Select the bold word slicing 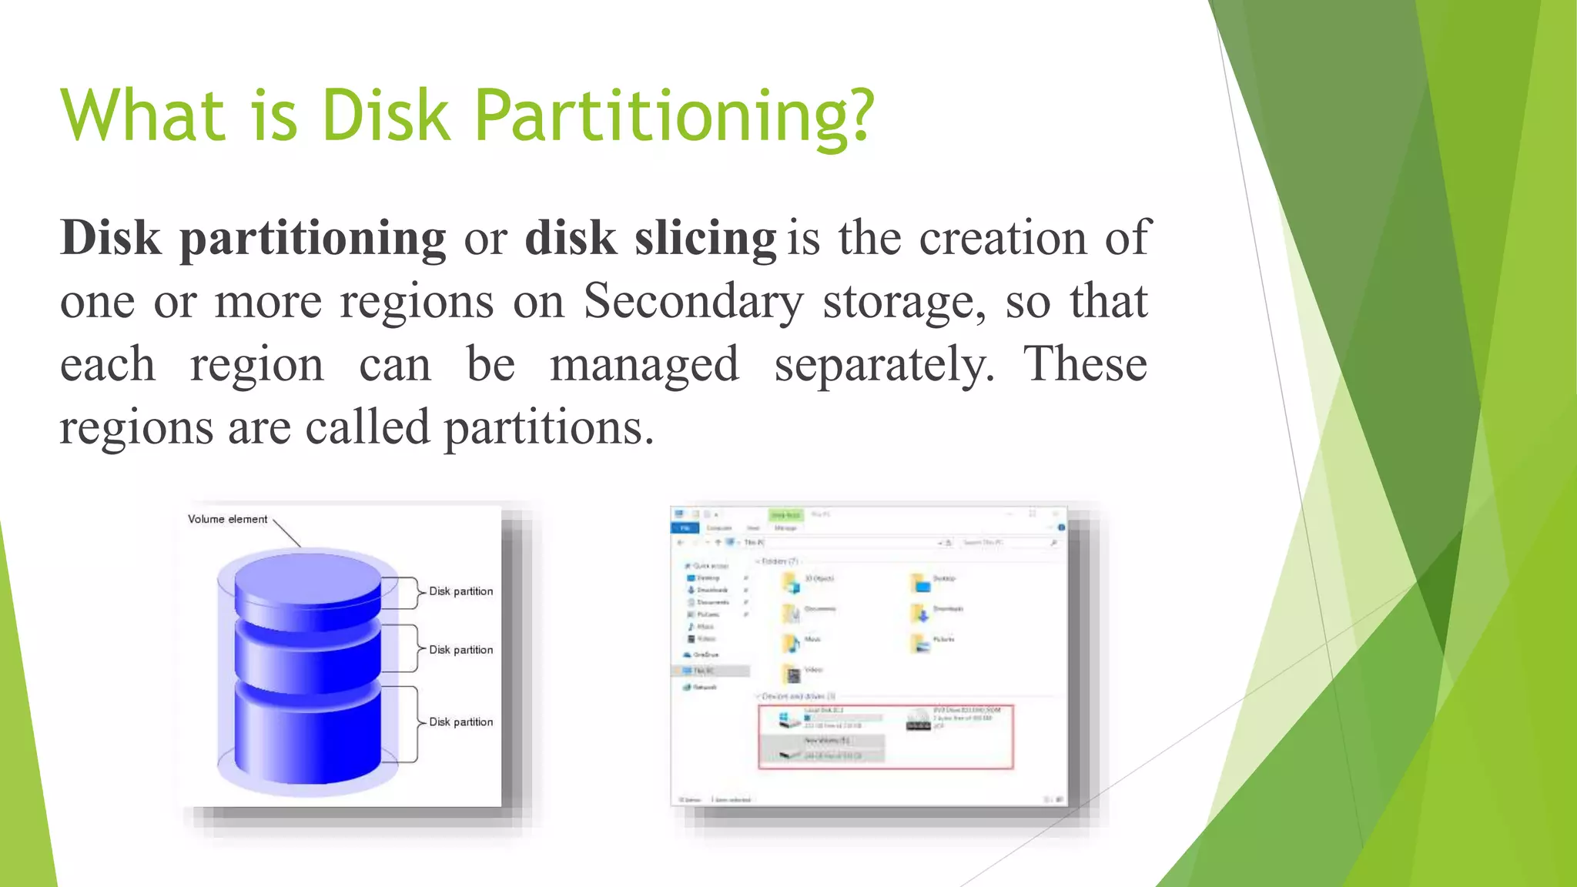tap(705, 238)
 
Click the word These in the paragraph tap(1084, 363)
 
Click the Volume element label tap(227, 519)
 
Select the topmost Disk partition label tap(460, 591)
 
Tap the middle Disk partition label tap(460, 650)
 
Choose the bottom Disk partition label tap(460, 722)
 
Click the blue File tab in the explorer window tap(685, 528)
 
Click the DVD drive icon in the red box tap(918, 721)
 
